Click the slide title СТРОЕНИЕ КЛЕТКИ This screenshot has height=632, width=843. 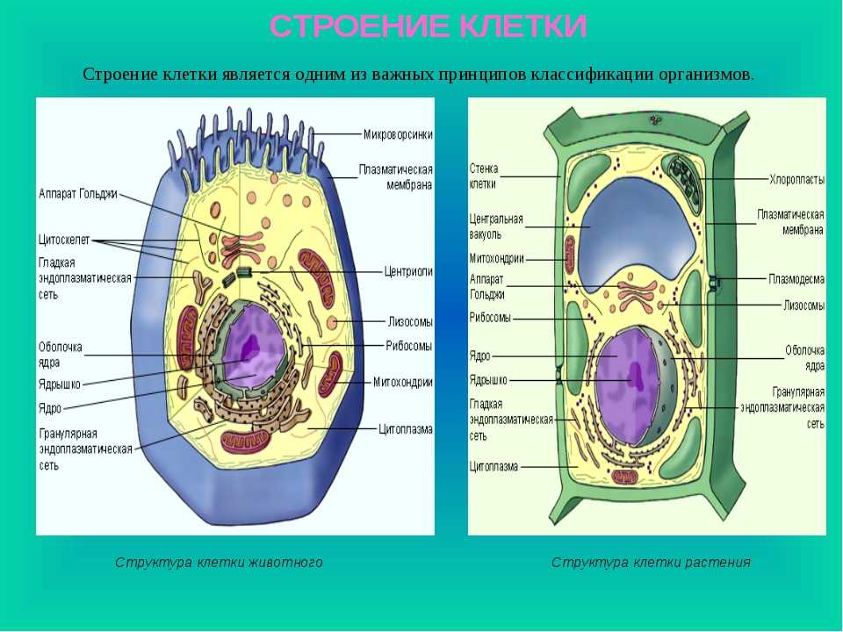pos(428,26)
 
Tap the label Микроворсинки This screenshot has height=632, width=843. pos(398,134)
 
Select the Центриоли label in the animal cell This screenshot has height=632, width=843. pos(408,272)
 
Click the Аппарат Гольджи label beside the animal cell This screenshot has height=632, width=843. pos(78,194)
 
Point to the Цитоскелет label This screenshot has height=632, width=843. pos(64,240)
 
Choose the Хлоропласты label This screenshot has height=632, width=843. pos(797,179)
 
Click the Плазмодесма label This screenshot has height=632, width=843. pos(796,279)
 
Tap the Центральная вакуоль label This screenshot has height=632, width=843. pos(495,226)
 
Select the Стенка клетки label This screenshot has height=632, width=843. pos(483,176)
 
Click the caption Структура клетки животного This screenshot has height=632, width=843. pos(219,562)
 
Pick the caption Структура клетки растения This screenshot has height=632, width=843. pos(651,562)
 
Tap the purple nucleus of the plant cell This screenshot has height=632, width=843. pos(626,387)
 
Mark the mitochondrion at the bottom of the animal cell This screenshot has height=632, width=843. pos(245,442)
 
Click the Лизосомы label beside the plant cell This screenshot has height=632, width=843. pos(803,305)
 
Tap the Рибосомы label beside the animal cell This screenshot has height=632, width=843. pos(408,346)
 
